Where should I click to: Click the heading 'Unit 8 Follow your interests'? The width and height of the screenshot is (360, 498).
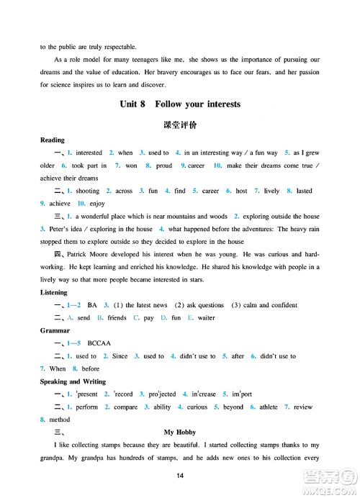[180, 104]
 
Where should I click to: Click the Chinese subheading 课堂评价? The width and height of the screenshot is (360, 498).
[180, 124]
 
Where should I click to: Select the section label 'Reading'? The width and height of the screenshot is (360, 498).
[53, 140]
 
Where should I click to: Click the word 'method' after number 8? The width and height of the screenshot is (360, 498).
[60, 420]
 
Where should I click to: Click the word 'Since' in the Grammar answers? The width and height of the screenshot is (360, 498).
[120, 356]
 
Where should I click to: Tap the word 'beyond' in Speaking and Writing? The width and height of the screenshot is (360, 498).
[233, 407]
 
